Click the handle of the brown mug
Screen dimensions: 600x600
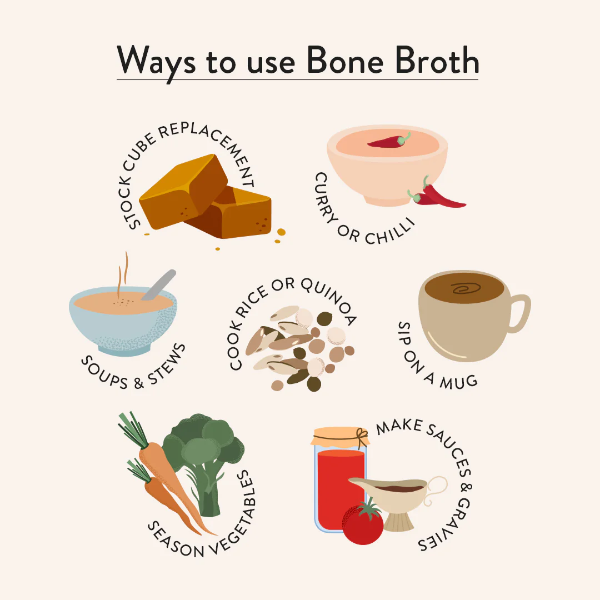(518, 314)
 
